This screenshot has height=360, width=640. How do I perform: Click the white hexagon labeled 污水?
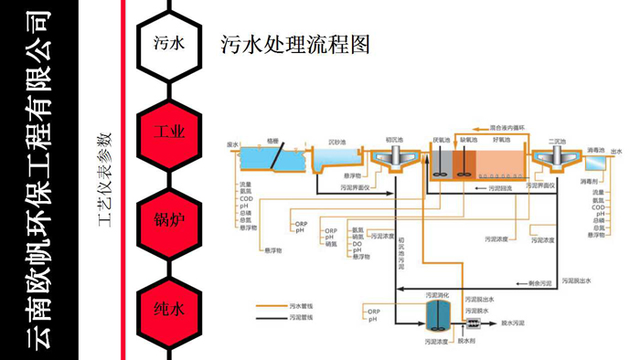pos(169,42)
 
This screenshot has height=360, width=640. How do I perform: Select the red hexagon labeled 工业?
pos(169,132)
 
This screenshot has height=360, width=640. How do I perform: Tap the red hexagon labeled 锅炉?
pos(169,220)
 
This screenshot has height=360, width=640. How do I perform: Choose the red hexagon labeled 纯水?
pos(169,309)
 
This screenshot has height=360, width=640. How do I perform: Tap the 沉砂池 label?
pos(336,142)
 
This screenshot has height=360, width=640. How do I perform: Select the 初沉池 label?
pos(395,141)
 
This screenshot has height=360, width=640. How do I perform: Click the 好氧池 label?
pos(502,141)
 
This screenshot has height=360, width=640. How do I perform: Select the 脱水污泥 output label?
pos(517,323)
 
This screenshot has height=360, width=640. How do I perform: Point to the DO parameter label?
pos(357,244)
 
